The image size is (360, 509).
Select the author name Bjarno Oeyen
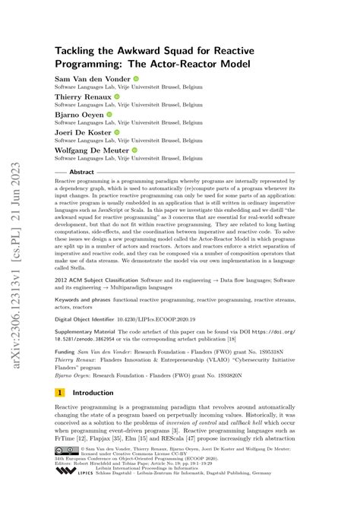click(x=81, y=115)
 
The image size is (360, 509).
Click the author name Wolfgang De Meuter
click(x=92, y=150)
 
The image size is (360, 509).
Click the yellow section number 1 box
click(x=60, y=394)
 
